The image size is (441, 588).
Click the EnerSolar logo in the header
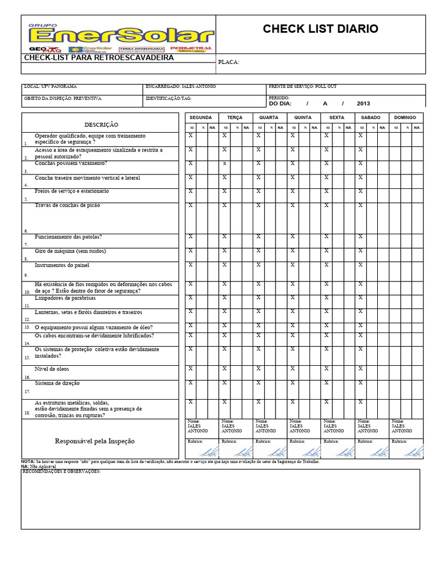click(x=118, y=35)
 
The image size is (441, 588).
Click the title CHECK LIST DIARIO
click(x=320, y=29)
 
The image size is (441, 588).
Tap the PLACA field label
click(x=229, y=63)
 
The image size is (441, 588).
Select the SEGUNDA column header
click(x=201, y=117)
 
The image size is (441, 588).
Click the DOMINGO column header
click(x=405, y=117)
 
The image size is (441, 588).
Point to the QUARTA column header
click(x=269, y=117)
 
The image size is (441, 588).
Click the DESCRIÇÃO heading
click(x=102, y=125)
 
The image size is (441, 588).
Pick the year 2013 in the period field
click(x=363, y=104)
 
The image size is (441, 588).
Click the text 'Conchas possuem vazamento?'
click(x=71, y=163)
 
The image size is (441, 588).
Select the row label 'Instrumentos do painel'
click(x=62, y=265)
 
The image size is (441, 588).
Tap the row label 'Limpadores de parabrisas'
click(x=65, y=298)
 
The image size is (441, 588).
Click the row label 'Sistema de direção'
click(x=57, y=382)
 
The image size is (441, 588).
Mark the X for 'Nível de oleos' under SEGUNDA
click(x=191, y=369)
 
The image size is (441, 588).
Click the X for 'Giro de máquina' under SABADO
click(x=361, y=250)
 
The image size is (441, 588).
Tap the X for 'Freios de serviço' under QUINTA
click(x=292, y=191)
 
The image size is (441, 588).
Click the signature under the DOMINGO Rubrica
click(x=413, y=452)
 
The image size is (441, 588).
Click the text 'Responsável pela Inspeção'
click(x=95, y=441)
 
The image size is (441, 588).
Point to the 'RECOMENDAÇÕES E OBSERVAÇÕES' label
click(x=62, y=471)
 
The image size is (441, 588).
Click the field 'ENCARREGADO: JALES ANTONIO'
click(x=180, y=86)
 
